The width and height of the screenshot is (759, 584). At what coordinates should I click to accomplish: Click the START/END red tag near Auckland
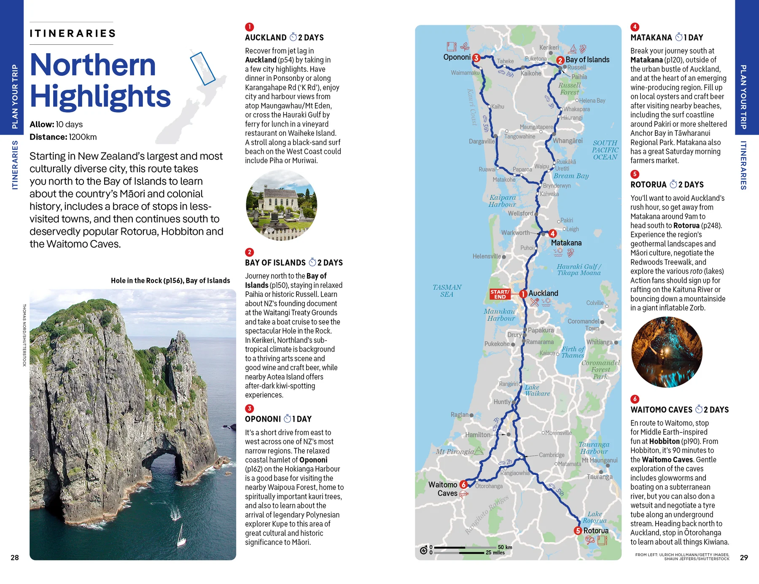pos(500,294)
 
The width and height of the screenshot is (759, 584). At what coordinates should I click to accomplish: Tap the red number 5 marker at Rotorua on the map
pos(578,530)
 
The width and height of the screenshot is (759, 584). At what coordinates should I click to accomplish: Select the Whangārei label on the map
pos(568,140)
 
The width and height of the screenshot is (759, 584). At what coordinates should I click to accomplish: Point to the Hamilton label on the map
pos(478,435)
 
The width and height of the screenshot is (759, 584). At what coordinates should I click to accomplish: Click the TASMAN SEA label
pos(447,291)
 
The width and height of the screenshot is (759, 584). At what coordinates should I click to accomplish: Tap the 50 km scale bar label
pos(505,547)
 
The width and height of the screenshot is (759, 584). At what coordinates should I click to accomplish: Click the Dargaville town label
pos(482,141)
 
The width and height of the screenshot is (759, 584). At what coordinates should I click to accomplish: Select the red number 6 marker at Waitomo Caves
pos(463,484)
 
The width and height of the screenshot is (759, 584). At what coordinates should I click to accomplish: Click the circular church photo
pos(281,205)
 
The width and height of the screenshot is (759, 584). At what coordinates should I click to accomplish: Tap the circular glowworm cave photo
pos(667,352)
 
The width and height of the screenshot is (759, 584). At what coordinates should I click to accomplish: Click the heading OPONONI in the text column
pos(263,419)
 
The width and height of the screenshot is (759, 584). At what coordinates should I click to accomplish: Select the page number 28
pos(15,557)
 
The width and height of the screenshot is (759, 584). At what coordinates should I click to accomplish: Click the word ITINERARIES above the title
pos(73,33)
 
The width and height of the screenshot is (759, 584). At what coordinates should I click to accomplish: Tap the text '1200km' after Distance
pos(83,137)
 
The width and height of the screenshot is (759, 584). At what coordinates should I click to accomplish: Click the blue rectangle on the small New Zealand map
pos(202,68)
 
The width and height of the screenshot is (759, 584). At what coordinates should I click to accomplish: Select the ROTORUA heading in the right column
pos(648,185)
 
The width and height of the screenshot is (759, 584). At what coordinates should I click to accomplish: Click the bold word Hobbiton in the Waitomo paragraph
pos(664,441)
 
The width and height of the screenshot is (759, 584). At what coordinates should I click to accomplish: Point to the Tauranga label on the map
pos(599,477)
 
